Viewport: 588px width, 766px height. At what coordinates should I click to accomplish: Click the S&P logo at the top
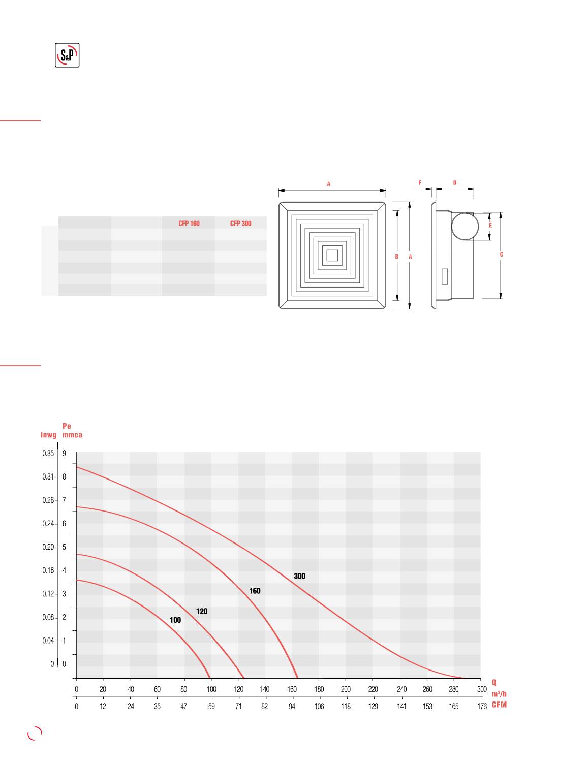pyautogui.click(x=67, y=55)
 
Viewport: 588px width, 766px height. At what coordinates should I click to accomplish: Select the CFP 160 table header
pyautogui.click(x=189, y=224)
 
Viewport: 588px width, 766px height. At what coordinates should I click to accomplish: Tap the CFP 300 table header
pyautogui.click(x=241, y=224)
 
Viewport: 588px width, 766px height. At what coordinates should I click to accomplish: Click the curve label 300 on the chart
pyautogui.click(x=300, y=576)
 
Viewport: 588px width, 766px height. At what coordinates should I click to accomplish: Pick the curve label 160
pyautogui.click(x=255, y=591)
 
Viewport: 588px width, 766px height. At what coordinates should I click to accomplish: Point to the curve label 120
pyautogui.click(x=202, y=611)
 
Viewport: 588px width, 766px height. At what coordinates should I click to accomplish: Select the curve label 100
pyautogui.click(x=175, y=620)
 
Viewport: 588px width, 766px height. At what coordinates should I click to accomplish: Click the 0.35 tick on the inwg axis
pyautogui.click(x=48, y=453)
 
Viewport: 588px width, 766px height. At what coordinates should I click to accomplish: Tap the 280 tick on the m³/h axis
pyautogui.click(x=454, y=689)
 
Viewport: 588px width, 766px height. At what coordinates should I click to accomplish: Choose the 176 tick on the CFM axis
pyautogui.click(x=482, y=706)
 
